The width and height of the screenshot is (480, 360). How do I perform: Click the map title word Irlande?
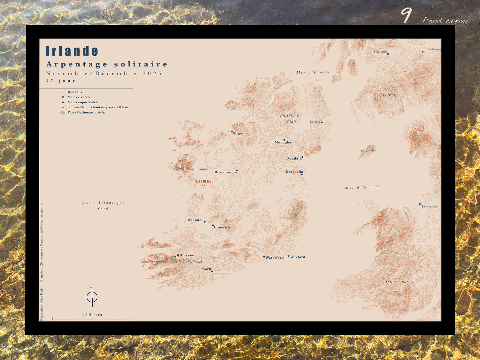coord(72,51)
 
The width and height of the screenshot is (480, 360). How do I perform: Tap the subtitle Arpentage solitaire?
coord(107,64)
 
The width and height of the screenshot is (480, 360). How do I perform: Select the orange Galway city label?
coord(203,181)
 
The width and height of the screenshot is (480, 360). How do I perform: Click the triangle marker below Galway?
coord(203,186)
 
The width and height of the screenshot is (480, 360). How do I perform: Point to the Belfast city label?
coord(315,122)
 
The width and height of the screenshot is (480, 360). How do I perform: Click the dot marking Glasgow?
coord(388,53)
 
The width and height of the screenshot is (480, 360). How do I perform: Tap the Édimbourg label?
coord(432,49)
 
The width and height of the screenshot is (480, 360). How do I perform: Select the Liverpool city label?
coord(430,206)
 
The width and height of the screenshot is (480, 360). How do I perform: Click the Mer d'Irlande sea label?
coord(362,187)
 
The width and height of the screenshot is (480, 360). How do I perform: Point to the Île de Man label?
coord(369,150)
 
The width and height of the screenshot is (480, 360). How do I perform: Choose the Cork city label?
coord(206,269)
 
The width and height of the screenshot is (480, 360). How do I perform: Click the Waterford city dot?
coord(264,257)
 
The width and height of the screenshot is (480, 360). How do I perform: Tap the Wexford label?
coord(298,257)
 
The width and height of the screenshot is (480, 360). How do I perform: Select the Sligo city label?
coord(237,133)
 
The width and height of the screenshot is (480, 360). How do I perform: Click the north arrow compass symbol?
coord(92,297)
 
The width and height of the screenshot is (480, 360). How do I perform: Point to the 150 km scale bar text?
coord(92,315)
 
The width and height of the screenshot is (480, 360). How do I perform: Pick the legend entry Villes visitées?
coord(79,97)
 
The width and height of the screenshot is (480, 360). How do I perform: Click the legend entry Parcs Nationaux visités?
coord(86,112)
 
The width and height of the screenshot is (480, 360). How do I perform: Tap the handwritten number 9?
coord(406,15)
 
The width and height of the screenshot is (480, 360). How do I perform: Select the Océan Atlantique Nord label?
coord(102,206)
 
